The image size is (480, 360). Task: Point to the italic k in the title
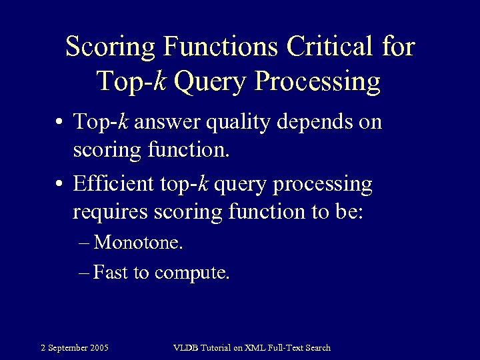(157, 81)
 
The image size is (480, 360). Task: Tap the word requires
(109, 212)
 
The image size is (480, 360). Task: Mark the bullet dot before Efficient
(60, 185)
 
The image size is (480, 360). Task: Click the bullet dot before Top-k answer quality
(60, 123)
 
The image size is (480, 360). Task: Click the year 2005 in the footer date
(99, 347)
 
